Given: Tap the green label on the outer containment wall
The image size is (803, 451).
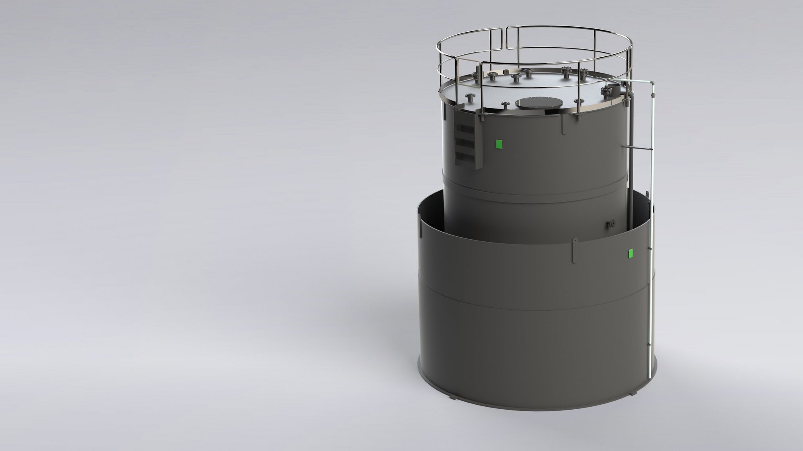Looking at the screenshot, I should (631, 253).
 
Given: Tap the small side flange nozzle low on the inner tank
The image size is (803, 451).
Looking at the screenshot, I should (611, 224).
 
